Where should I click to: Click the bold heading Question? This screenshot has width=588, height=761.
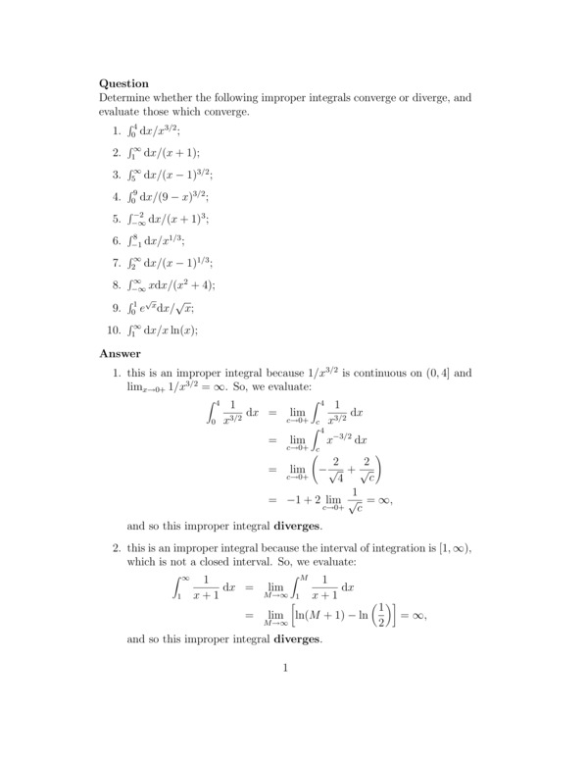[123, 84]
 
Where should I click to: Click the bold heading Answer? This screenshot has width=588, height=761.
[121, 353]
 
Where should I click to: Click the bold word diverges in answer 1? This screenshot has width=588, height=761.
[301, 526]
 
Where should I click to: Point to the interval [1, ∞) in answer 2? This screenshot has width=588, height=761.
[450, 549]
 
